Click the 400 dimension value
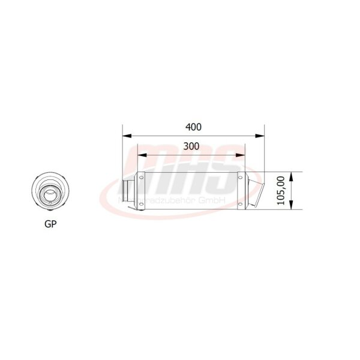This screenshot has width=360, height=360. tap(193, 127)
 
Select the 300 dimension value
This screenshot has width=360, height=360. tap(191, 146)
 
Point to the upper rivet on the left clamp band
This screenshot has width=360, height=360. tap(142, 178)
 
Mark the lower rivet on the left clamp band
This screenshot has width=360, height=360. tap(142, 205)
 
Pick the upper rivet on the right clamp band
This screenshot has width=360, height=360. tap(241, 178)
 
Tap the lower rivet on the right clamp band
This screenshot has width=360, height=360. tap(241, 205)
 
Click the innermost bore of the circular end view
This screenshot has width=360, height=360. tap(49, 194)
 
